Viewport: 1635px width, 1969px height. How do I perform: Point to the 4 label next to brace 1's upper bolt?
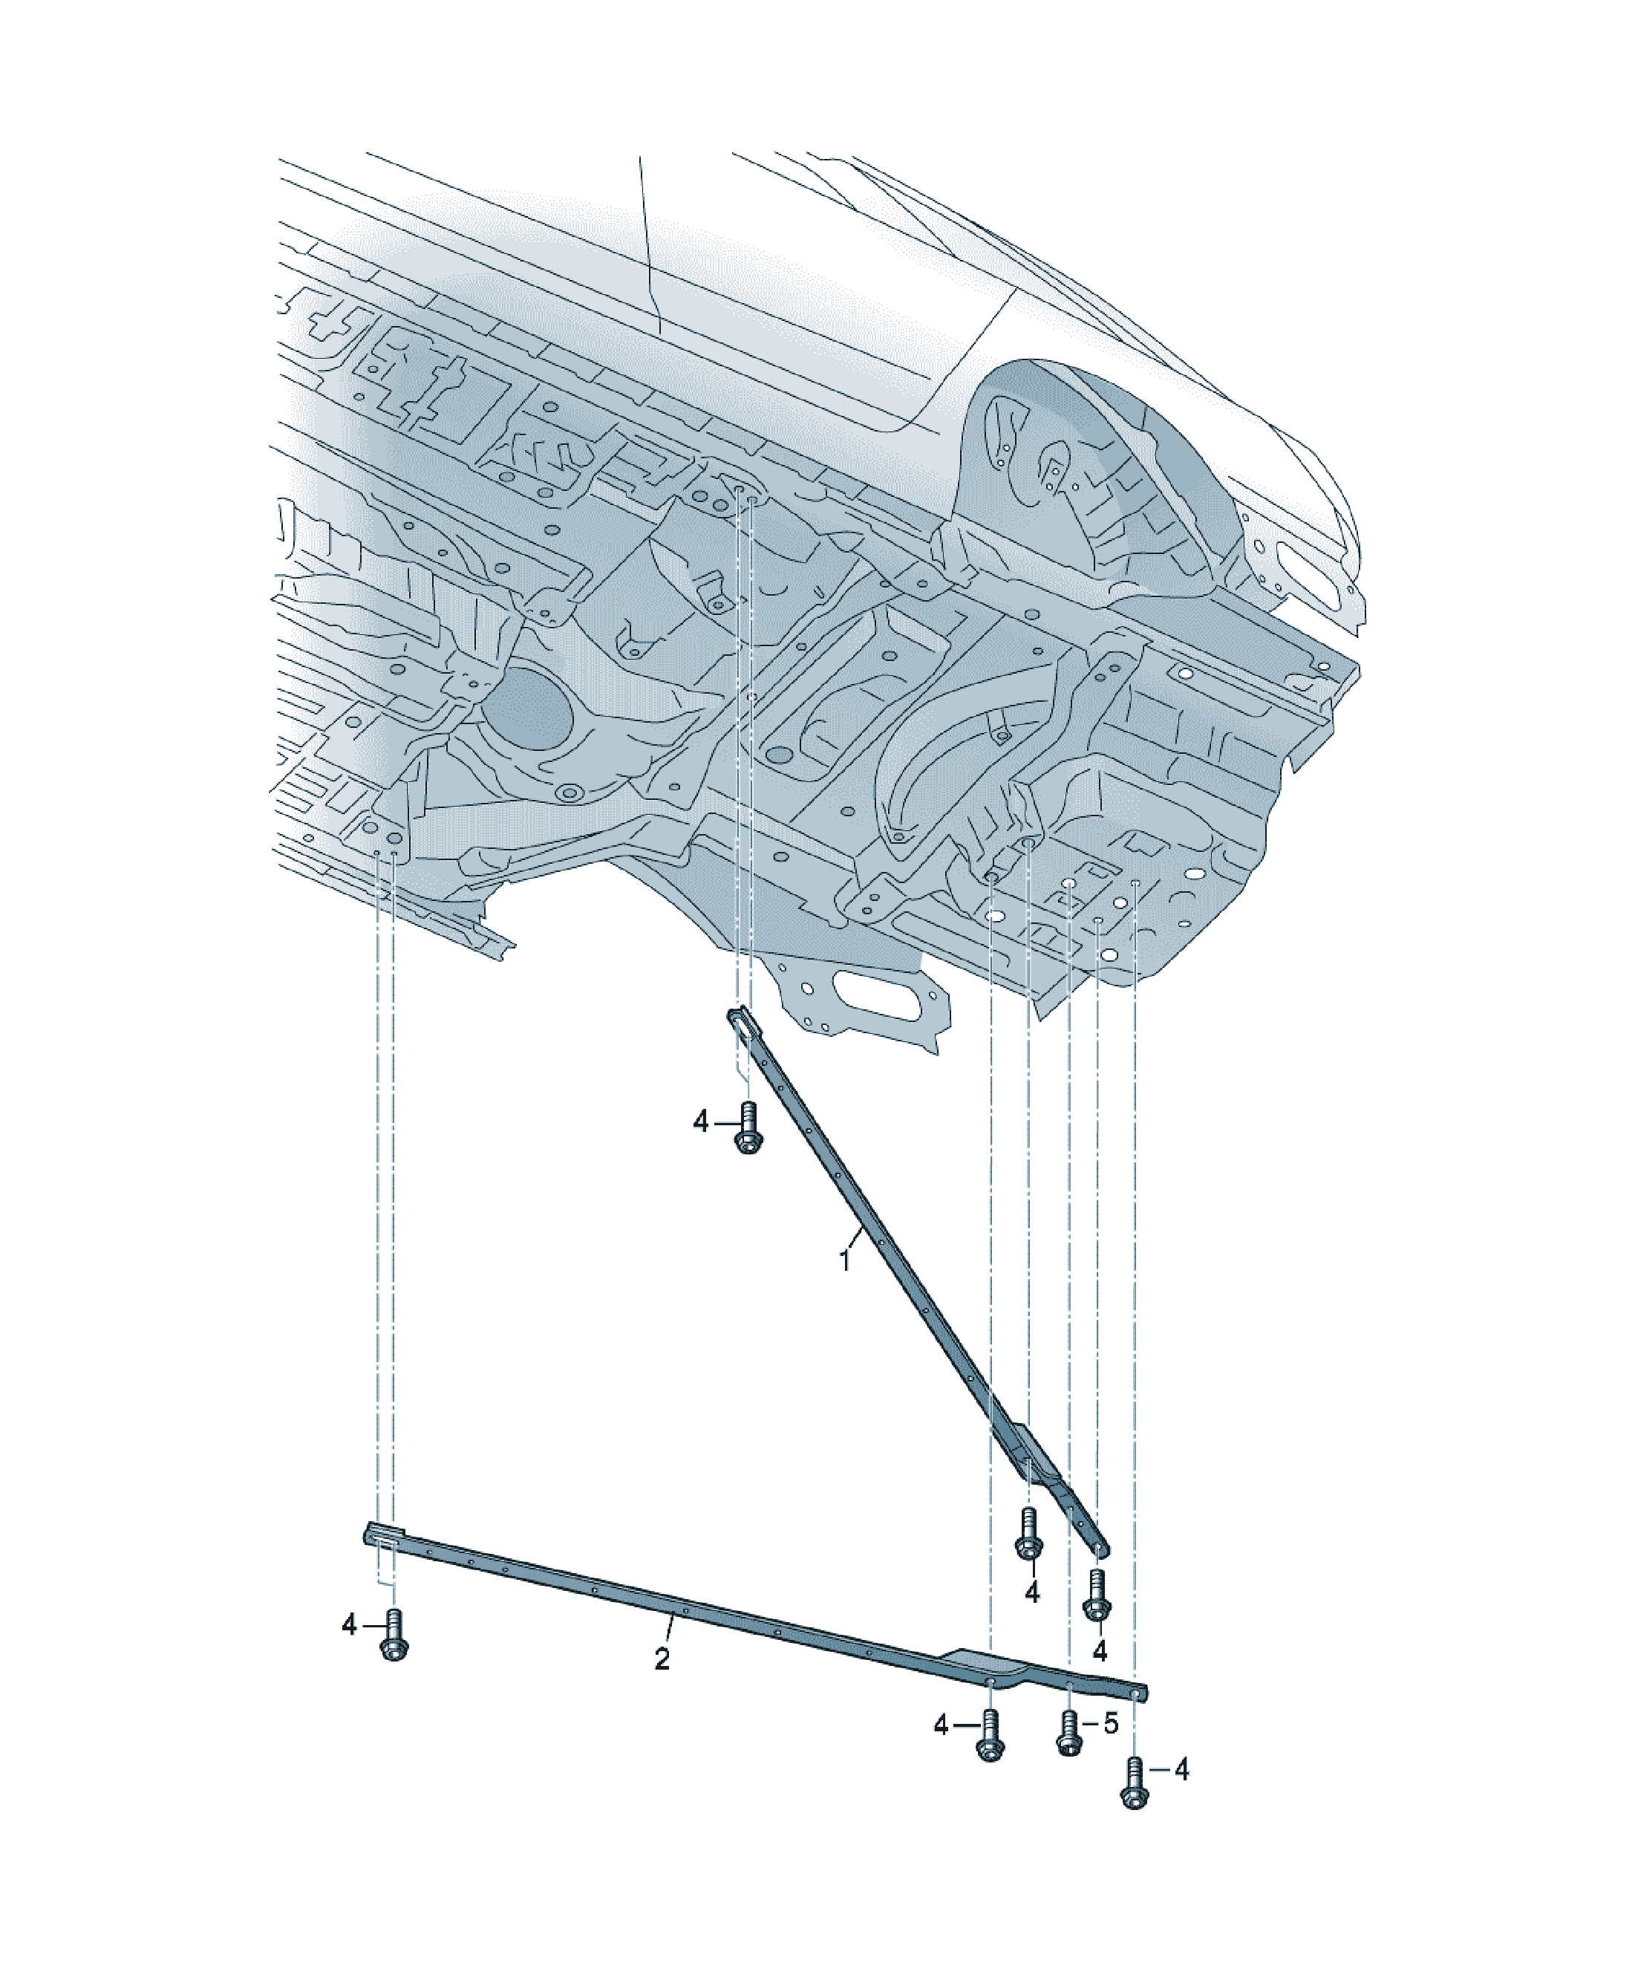click(701, 1122)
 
